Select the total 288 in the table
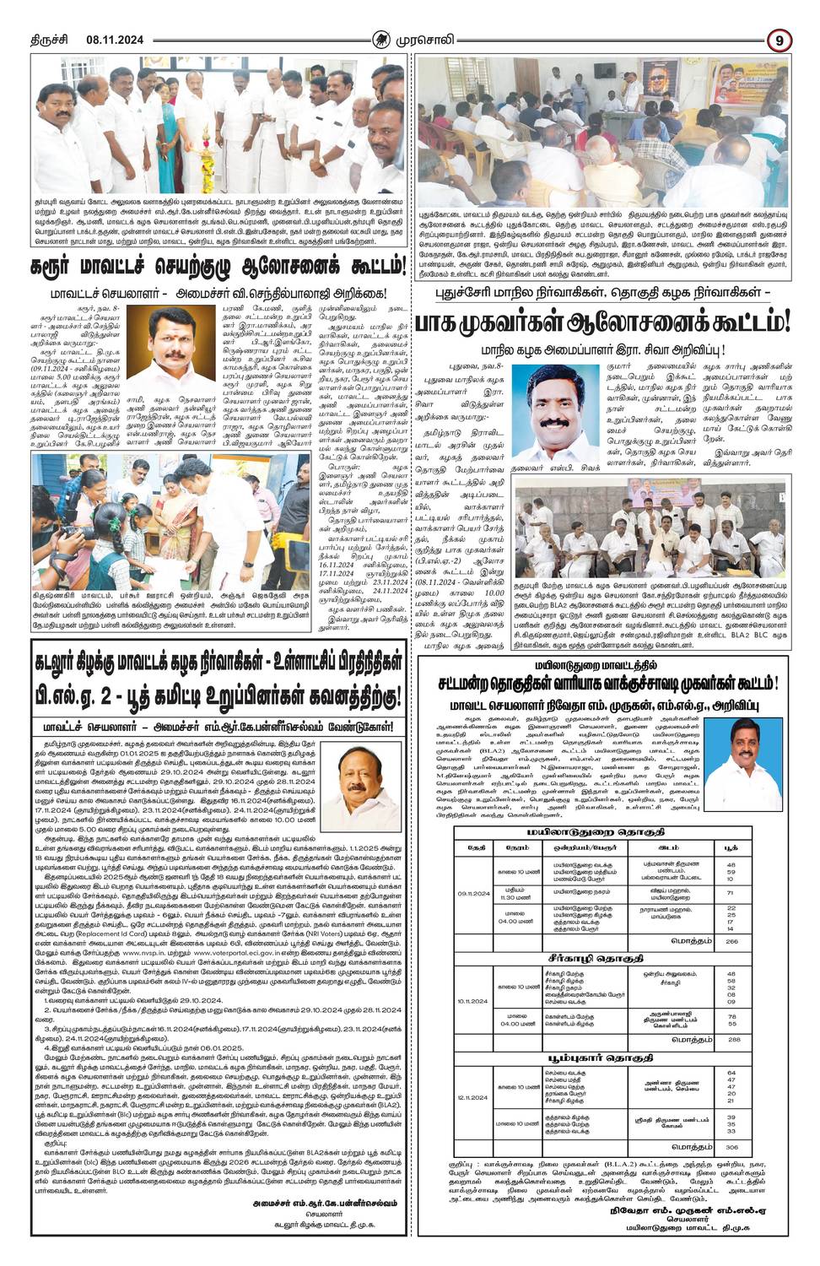point(731,1039)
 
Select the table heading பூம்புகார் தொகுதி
point(602,1055)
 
